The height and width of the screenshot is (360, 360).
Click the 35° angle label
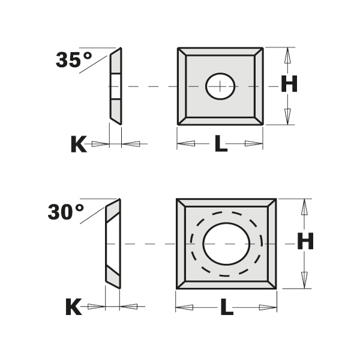74,60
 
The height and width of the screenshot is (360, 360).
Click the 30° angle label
65,212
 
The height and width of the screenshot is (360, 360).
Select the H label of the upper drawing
289,85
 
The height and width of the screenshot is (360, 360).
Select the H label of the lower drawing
305,243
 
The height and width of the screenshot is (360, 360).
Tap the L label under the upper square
221,144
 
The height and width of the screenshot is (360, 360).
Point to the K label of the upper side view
79,144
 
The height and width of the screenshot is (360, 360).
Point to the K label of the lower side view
73,307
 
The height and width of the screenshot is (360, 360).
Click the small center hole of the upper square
220,86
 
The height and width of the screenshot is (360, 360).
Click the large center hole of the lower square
226,243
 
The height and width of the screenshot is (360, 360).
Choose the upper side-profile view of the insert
115,86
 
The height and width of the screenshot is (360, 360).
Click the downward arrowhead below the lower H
305,278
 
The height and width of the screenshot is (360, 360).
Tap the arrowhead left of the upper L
185,144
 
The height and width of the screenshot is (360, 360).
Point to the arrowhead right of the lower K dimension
130,307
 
